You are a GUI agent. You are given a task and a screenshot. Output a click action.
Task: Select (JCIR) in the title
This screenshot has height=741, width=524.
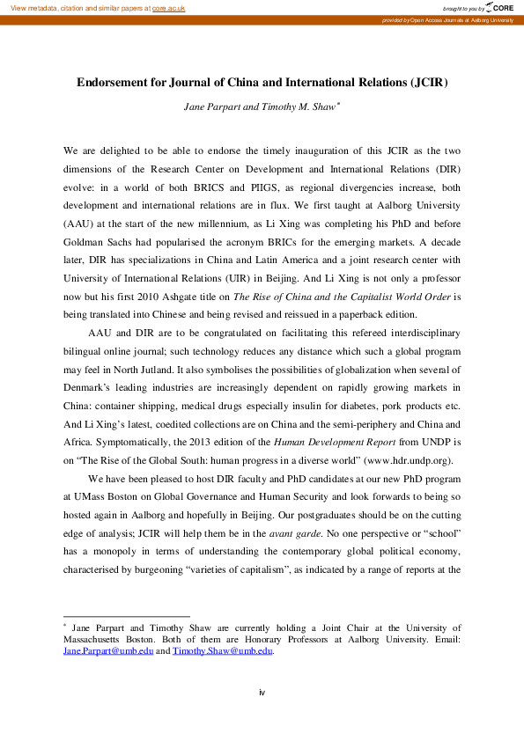tap(429, 84)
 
